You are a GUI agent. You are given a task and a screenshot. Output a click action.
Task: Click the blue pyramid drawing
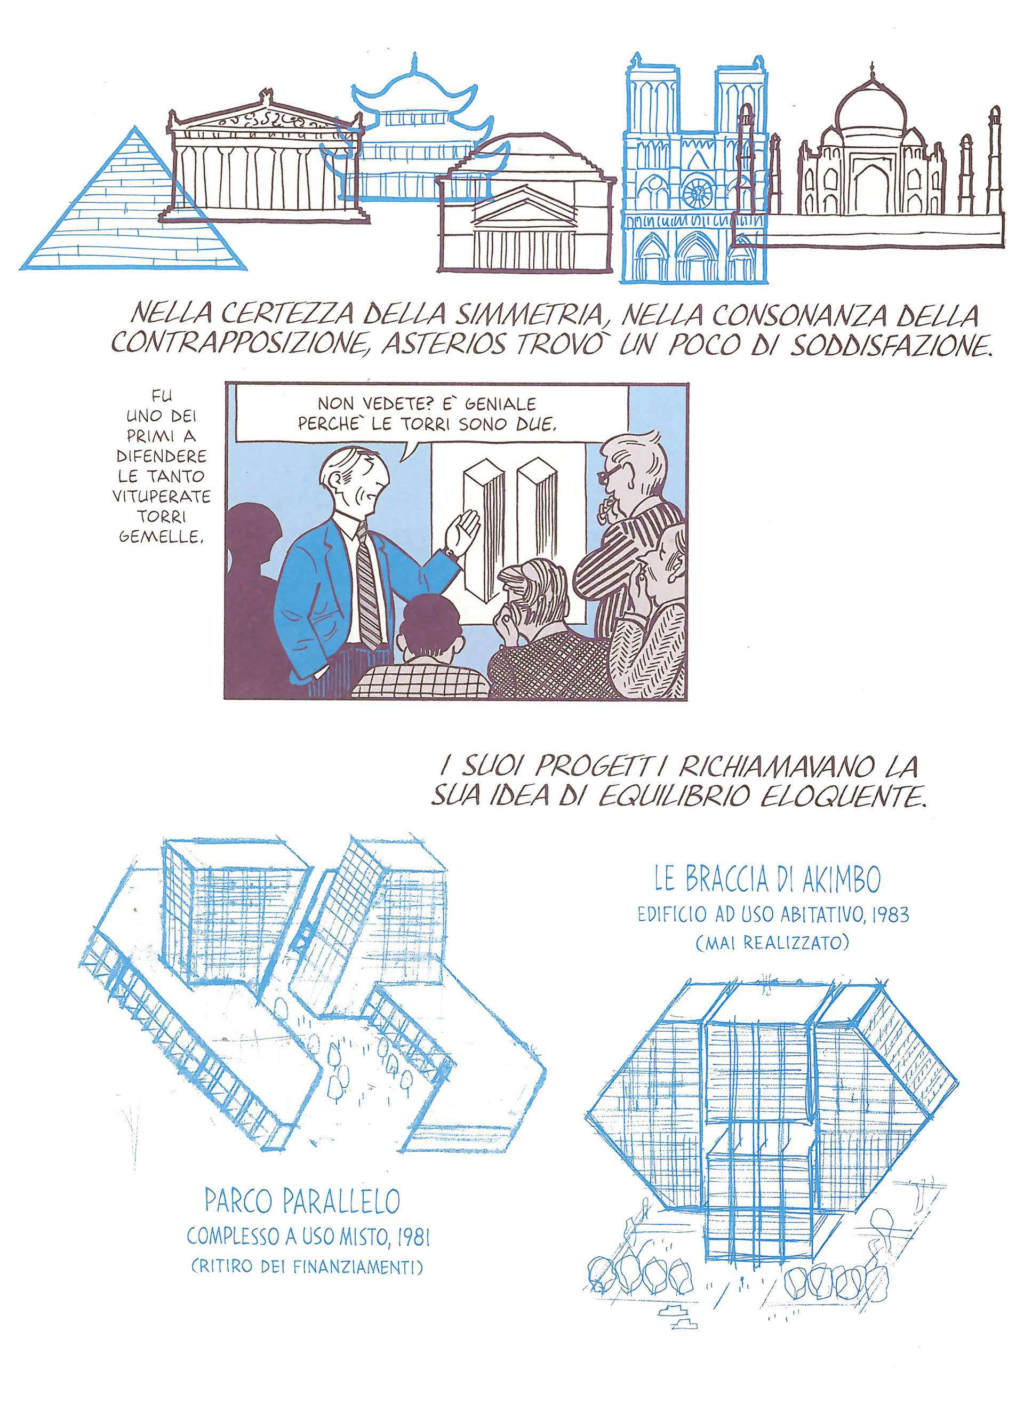coord(134,211)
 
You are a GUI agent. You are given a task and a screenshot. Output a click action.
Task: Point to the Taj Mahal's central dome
coord(871,102)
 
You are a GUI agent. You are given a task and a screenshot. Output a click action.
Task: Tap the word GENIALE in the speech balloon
coord(500,404)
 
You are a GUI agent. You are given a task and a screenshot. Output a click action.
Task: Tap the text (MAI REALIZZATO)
coord(772,943)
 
